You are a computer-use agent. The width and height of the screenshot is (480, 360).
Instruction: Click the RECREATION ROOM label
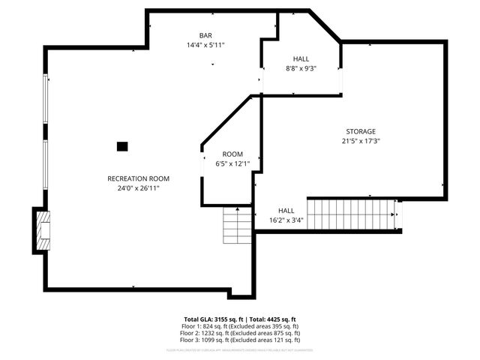[x=138, y=178]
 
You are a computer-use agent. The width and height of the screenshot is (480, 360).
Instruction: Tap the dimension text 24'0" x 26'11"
[x=138, y=188]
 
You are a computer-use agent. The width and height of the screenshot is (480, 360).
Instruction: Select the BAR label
[x=205, y=35]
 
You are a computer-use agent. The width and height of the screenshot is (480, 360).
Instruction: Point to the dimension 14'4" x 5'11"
[x=205, y=45]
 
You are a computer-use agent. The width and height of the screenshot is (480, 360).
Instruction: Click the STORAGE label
[x=361, y=131]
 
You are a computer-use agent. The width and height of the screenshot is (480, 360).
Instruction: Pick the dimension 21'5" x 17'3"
[x=361, y=141]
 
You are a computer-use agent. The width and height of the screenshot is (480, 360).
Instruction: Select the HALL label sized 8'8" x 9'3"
[x=300, y=58]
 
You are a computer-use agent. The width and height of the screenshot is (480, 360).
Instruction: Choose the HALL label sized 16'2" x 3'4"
[x=286, y=211]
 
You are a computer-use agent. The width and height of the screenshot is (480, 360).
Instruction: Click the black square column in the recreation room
[x=122, y=146]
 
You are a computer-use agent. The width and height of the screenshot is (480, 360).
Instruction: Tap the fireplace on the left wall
[x=42, y=231]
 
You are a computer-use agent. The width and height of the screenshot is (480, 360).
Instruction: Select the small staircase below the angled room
[x=238, y=224]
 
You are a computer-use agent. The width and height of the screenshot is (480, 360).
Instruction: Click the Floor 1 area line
[x=240, y=326]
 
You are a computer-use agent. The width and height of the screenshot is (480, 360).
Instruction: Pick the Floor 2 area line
[x=240, y=333]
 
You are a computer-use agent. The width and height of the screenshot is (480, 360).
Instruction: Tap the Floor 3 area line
[x=240, y=340]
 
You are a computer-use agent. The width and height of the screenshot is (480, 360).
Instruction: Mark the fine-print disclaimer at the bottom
[x=240, y=350]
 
